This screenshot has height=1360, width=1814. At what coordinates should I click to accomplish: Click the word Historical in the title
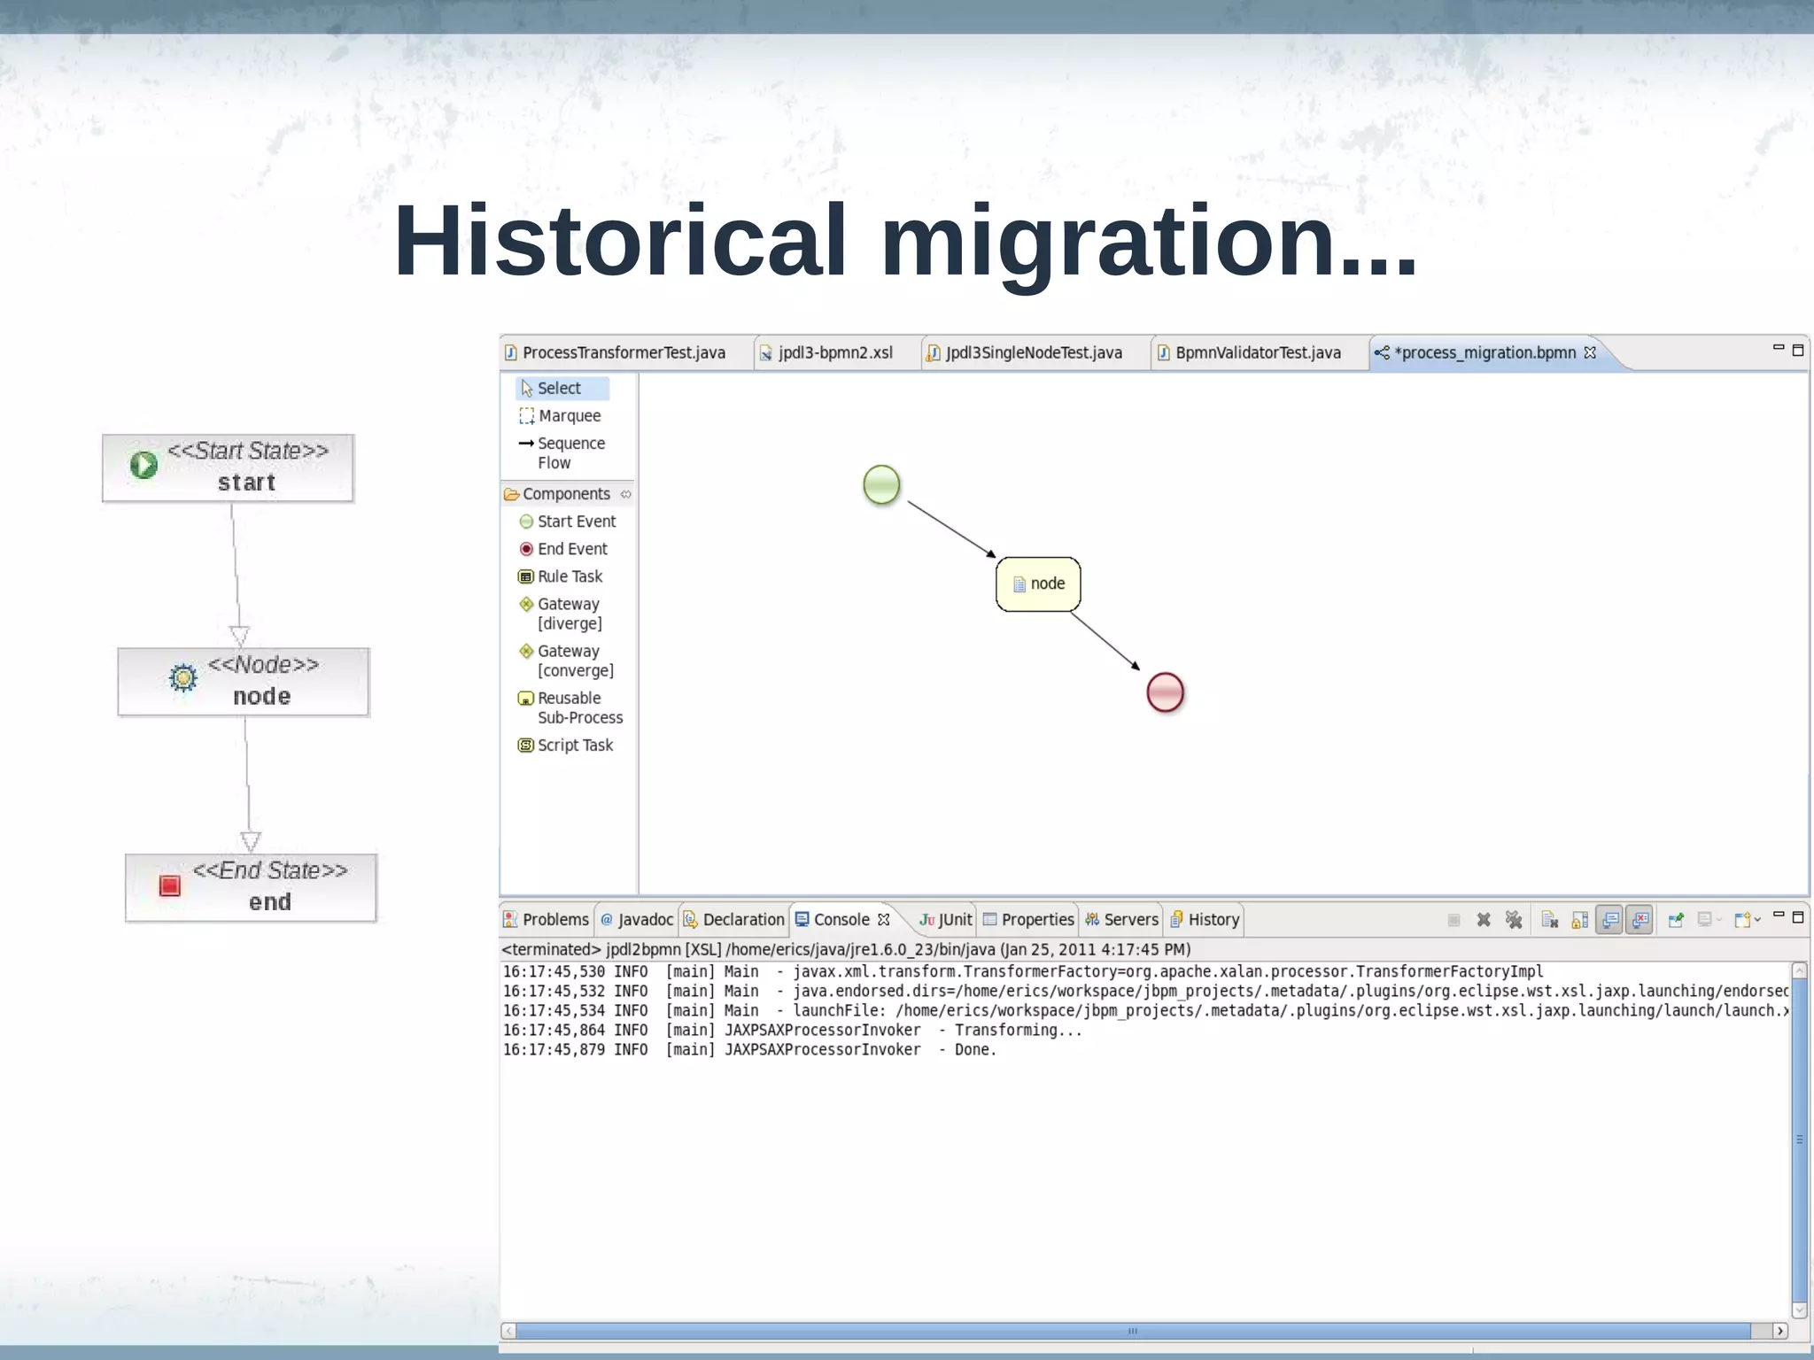620,242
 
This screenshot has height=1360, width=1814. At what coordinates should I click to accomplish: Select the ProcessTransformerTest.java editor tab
623,353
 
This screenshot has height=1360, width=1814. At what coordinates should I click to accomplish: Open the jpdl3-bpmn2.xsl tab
834,353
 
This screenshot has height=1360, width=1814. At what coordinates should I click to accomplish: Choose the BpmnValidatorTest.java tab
1257,353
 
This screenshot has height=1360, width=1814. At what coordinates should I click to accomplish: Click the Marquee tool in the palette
569,416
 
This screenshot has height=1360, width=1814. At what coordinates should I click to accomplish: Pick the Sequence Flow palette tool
570,452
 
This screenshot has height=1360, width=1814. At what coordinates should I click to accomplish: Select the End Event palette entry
571,549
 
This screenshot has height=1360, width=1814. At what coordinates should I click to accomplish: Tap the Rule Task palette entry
569,576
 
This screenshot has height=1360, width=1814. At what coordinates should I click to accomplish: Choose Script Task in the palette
574,746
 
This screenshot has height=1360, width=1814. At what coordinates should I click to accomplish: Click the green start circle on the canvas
881,485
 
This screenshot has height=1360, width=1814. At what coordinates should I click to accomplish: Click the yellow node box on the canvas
1038,584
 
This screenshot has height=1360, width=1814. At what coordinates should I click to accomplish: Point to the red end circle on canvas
1165,692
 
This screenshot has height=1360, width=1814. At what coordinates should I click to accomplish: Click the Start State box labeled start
229,468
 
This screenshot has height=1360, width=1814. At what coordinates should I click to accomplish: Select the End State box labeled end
251,887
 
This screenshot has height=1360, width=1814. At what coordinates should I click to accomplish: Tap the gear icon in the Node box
183,678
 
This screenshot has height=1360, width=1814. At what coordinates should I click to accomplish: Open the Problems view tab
554,920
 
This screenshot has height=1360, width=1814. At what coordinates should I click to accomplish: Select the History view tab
1212,920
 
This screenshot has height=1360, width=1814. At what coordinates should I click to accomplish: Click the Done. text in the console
975,1050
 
